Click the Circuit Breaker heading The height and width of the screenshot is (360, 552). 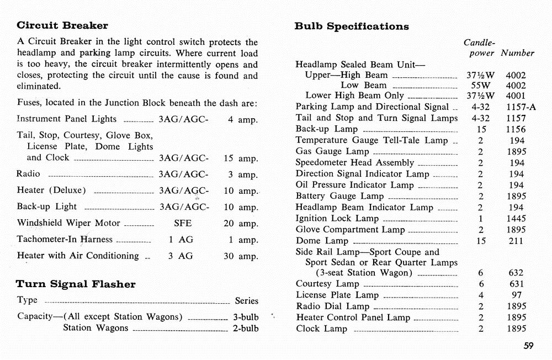coord(62,25)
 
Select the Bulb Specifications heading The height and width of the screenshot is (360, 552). coord(352,27)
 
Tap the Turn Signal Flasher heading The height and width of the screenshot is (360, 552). coord(76,284)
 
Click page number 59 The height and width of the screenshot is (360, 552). coord(528,346)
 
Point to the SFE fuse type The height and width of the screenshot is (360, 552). coord(183,224)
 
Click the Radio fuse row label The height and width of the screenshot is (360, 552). coord(29,174)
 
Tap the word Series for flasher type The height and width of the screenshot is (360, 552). coord(246,301)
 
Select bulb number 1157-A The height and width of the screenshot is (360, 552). coord(520,107)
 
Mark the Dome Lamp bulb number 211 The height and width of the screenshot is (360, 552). coord(517,241)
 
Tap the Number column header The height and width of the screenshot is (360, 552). coord(517,53)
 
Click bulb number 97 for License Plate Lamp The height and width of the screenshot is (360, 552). coord(517,295)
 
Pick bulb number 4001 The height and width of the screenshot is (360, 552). coord(516,96)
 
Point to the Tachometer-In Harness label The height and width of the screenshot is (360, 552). coord(65,240)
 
